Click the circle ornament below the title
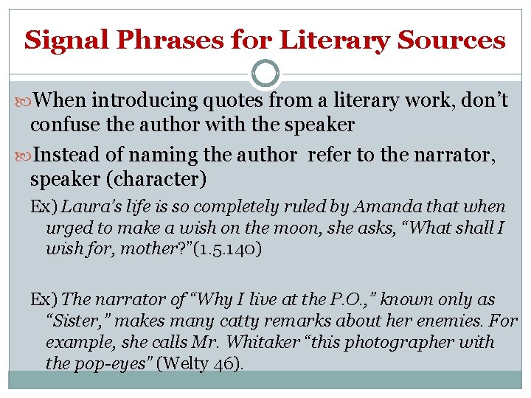pos(265,74)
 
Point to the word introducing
pos(139,100)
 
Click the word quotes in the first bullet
pos(236,100)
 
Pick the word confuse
pos(65,125)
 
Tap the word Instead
pos(68,155)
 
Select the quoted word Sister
pos(77,321)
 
